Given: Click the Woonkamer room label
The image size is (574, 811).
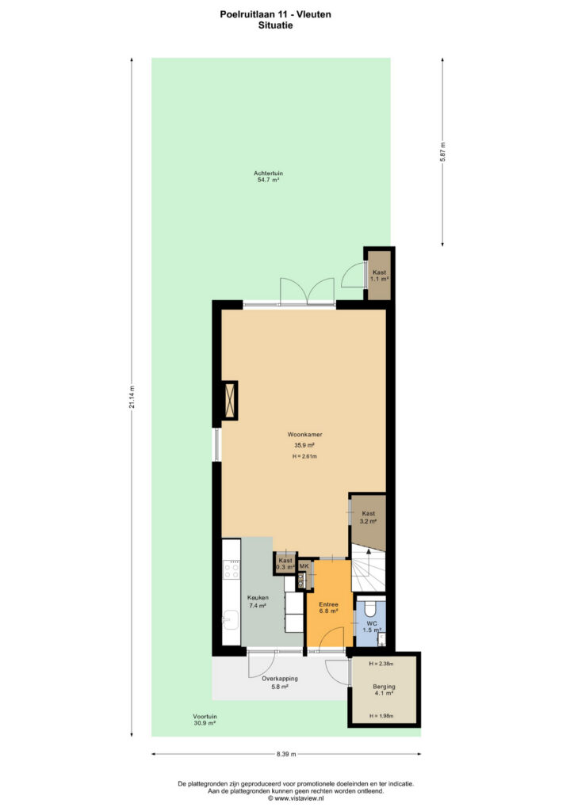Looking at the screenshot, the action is (305, 435).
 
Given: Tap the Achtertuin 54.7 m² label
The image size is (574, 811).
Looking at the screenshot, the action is (268, 177).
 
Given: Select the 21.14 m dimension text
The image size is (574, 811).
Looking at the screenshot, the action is (132, 398).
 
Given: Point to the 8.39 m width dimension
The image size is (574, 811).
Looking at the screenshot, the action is (286, 754).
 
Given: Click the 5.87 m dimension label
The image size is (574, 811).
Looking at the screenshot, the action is (442, 151).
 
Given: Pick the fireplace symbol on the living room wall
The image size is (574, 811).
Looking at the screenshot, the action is (229, 400).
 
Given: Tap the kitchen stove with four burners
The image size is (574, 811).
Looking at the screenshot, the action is (232, 570).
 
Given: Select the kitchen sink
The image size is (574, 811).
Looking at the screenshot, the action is (231, 619).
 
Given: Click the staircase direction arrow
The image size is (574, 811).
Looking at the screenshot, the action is (369, 558).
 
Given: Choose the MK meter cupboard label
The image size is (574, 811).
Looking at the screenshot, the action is (304, 566).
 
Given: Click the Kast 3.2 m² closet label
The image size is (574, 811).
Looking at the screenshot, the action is (369, 517).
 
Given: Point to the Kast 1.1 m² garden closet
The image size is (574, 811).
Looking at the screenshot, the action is (380, 275).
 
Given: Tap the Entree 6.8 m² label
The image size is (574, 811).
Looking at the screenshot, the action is (329, 607).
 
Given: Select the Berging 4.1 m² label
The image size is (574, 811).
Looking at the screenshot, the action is (384, 690).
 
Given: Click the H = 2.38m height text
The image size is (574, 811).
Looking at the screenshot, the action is (381, 664).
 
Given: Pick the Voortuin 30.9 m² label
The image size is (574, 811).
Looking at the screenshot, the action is (205, 720).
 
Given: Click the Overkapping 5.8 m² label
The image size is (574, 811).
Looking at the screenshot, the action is (280, 682).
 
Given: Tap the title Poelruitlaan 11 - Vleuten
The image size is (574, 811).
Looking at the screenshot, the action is (275, 14).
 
